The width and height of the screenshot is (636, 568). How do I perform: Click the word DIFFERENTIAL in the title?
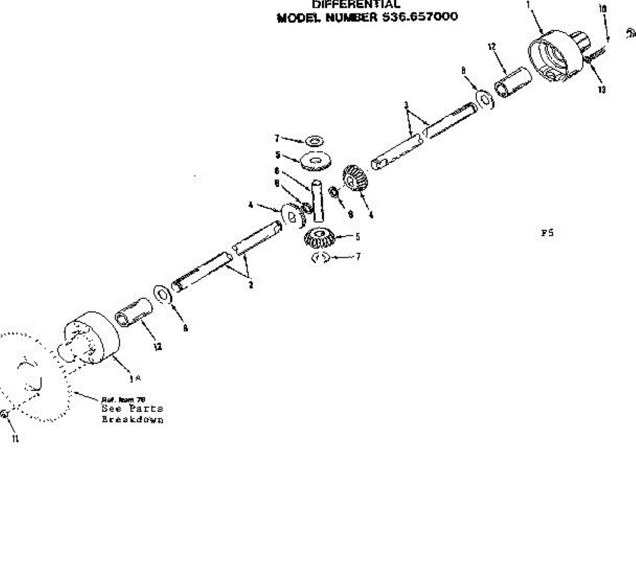coord(356,4)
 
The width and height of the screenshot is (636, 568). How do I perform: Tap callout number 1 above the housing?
coord(528,5)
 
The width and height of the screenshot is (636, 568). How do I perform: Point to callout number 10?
coord(602,9)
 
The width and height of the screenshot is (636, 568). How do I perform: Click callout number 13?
coord(602,90)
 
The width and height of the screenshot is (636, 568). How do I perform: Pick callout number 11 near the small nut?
coord(15,439)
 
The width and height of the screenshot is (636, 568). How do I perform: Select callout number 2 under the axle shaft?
coord(251,285)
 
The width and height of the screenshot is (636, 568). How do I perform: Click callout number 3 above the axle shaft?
coord(406,105)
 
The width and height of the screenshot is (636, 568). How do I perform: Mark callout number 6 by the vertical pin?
coord(277,171)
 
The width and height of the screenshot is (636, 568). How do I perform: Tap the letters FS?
coord(547,233)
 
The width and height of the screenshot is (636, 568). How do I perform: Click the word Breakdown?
coord(132,420)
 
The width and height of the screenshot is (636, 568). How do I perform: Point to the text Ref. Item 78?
coord(123,400)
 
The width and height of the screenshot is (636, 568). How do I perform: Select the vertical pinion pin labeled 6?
coord(318,201)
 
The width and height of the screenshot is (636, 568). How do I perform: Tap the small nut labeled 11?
coord(4,414)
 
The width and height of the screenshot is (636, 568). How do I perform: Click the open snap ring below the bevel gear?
coord(321,258)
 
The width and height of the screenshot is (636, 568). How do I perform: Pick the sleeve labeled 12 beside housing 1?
coord(513,82)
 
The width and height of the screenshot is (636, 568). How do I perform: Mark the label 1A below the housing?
coord(136,377)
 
